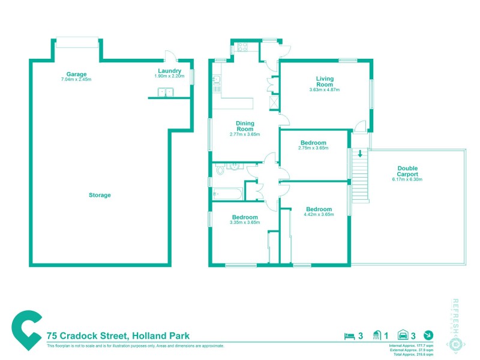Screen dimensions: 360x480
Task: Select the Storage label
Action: pos(100,195)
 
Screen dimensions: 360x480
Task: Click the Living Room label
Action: pos(325,82)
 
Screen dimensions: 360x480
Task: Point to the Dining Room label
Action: pos(245,126)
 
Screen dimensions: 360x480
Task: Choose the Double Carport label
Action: pos(407,171)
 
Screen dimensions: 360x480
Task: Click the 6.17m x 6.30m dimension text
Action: pos(407,179)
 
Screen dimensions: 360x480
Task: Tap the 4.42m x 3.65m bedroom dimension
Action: pos(318,214)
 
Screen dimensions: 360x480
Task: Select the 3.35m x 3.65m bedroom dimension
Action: pos(245,222)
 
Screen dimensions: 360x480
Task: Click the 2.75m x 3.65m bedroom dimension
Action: pos(314,148)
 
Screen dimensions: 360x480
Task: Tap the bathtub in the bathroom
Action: pos(227,194)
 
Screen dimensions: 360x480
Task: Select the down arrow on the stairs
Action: pos(360,154)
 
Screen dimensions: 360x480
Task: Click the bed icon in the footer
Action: pos(348,335)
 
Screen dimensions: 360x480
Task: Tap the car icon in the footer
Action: pos(404,335)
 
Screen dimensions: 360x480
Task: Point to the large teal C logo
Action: pos(27,330)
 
